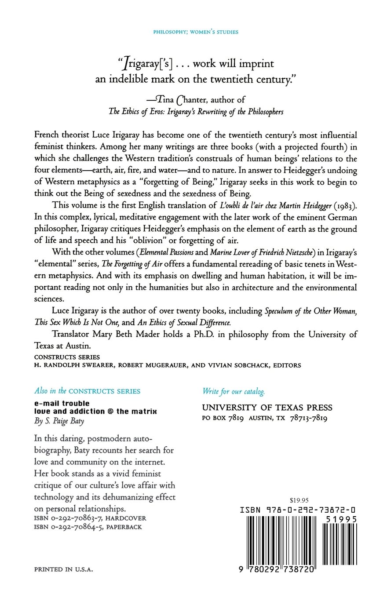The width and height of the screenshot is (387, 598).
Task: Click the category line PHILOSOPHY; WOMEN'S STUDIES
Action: [x=193, y=32]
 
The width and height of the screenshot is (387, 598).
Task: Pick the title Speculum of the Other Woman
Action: [x=310, y=311]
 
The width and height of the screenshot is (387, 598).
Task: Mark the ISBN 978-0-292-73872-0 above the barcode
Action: [x=298, y=510]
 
